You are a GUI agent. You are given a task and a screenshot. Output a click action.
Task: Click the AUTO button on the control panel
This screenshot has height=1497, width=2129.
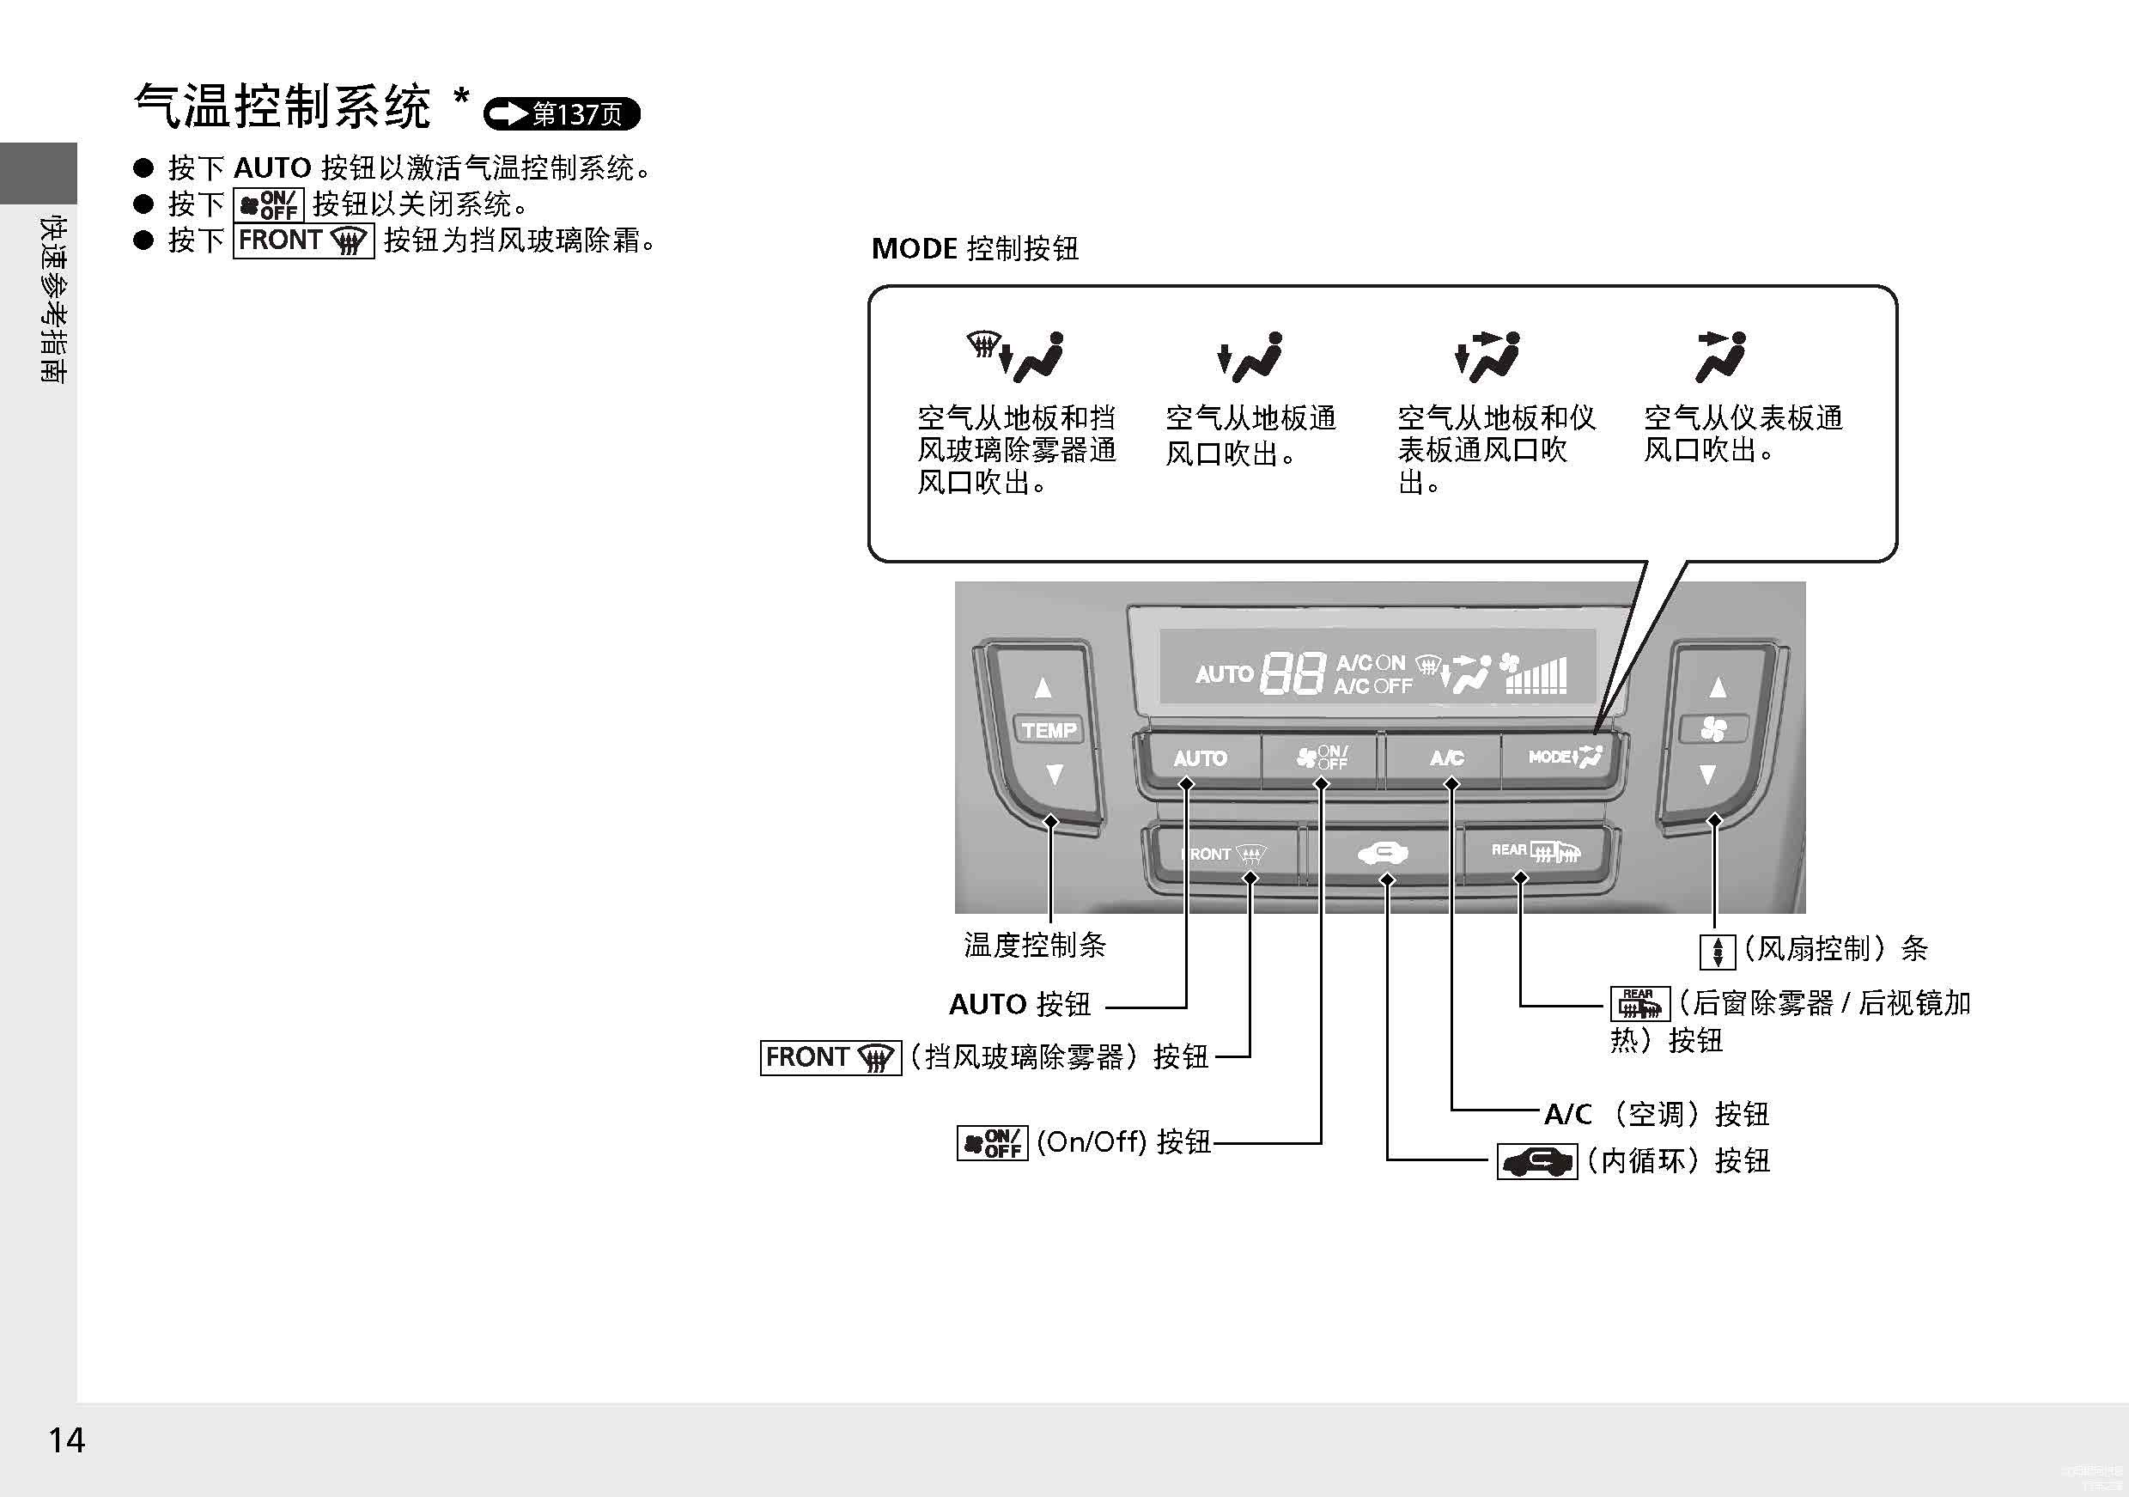pyautogui.click(x=1199, y=758)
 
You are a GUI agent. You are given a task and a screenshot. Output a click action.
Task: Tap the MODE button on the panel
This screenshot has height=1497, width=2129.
pyautogui.click(x=1564, y=757)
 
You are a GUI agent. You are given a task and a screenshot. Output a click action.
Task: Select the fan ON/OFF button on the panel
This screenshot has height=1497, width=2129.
pyautogui.click(x=1322, y=758)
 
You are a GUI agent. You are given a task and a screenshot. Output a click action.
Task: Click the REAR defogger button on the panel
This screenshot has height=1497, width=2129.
pyautogui.click(x=1535, y=850)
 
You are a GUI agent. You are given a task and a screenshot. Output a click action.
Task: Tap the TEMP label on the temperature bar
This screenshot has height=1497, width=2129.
pyautogui.click(x=1049, y=730)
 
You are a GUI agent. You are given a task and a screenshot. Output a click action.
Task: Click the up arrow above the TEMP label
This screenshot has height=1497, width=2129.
pyautogui.click(x=1043, y=687)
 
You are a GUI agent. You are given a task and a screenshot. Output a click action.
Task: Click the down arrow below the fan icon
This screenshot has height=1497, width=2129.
pyautogui.click(x=1707, y=775)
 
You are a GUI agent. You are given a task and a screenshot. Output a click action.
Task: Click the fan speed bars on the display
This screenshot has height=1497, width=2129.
pyautogui.click(x=1536, y=675)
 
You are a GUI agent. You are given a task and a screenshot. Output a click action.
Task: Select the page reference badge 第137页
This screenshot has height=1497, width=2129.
pyautogui.click(x=562, y=114)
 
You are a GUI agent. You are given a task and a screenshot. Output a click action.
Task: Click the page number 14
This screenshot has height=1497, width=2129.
pyautogui.click(x=67, y=1439)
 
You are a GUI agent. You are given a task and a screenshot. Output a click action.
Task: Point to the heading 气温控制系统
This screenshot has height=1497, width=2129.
pyautogui.click(x=283, y=106)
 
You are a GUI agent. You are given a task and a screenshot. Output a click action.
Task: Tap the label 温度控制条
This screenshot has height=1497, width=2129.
pyautogui.click(x=1035, y=945)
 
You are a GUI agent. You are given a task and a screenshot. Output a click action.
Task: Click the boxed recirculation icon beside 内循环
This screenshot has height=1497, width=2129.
pyautogui.click(x=1536, y=1161)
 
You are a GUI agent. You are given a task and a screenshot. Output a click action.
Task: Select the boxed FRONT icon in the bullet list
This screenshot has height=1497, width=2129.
pyautogui.click(x=303, y=241)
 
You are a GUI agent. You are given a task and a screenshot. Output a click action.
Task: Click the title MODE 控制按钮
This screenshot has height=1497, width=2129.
pyautogui.click(x=975, y=248)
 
